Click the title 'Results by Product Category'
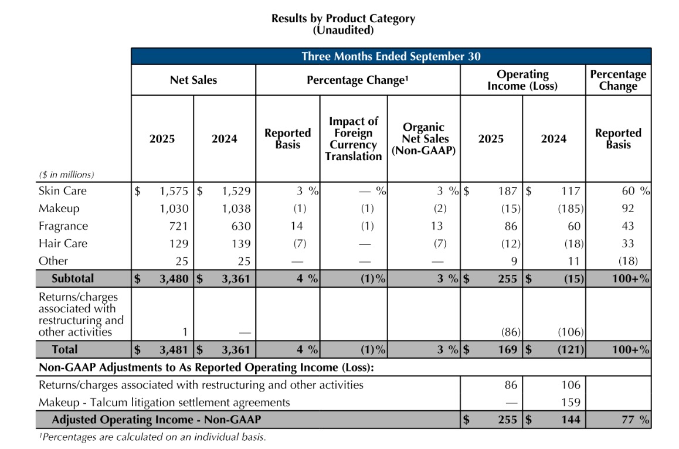(343, 18)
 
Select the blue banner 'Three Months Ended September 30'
(391, 56)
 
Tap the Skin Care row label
(63, 191)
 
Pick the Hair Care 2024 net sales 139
(240, 244)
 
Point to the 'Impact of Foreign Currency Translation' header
(353, 139)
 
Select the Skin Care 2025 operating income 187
(507, 191)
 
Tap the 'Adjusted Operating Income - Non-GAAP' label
(156, 420)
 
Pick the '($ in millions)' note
(66, 175)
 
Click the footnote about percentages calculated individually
(152, 437)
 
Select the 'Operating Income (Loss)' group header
(522, 80)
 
